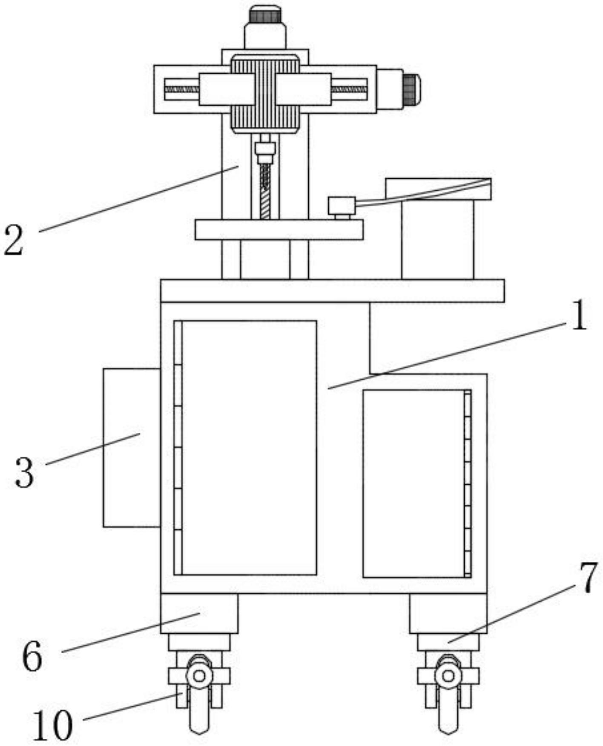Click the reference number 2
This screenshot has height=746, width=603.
[x=14, y=240]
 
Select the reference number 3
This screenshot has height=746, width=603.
[x=24, y=473]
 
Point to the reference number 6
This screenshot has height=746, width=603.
[x=32, y=656]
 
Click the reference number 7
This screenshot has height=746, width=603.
[x=589, y=578]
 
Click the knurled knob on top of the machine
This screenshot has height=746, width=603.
[x=265, y=15]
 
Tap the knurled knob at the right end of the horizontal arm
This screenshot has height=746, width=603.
[x=411, y=89]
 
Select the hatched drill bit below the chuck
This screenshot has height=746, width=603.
[x=265, y=192]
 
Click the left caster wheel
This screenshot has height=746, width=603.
[x=199, y=702]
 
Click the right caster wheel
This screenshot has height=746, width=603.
[x=448, y=702]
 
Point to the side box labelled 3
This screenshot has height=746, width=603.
[x=132, y=448]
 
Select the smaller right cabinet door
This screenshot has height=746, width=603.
[x=413, y=483]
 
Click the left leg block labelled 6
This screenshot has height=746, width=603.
[x=199, y=613]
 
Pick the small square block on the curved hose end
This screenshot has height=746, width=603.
[x=342, y=206]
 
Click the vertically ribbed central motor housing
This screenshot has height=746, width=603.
[x=265, y=93]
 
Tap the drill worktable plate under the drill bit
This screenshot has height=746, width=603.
[x=279, y=229]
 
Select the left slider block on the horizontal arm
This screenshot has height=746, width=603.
[x=227, y=89]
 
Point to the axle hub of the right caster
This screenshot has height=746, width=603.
[x=448, y=676]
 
